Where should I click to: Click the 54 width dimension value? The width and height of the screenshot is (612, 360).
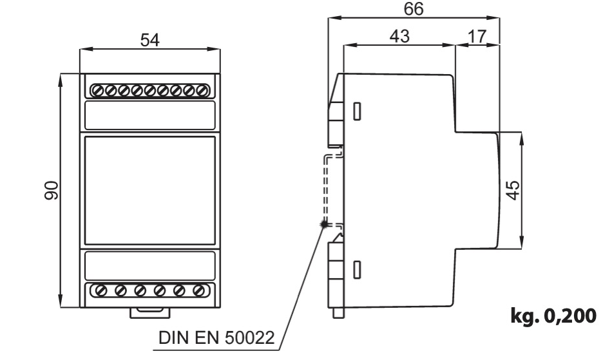(150, 40)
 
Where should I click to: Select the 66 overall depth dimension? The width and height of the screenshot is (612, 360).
(414, 8)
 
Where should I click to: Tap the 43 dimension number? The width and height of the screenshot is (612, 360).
(399, 36)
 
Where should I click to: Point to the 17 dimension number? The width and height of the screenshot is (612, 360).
(477, 36)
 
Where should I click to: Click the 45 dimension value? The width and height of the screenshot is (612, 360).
(514, 190)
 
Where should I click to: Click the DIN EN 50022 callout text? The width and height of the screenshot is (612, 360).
(216, 337)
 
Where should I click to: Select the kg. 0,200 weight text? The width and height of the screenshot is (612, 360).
(553, 316)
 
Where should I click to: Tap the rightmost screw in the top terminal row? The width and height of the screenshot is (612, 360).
(202, 91)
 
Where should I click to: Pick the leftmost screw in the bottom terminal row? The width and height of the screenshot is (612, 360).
(102, 290)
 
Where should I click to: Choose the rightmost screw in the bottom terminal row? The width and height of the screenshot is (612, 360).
(198, 290)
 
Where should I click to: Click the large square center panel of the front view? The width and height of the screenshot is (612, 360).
(150, 191)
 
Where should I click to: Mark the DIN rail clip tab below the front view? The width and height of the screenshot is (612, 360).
(150, 312)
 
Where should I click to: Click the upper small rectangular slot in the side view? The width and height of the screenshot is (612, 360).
(357, 111)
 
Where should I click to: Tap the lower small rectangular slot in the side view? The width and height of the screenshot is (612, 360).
(357, 269)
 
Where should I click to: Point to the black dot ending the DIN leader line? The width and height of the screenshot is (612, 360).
(323, 224)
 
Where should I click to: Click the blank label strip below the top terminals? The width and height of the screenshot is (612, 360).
(150, 115)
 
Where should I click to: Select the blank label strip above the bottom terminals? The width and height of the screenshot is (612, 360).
(150, 265)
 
